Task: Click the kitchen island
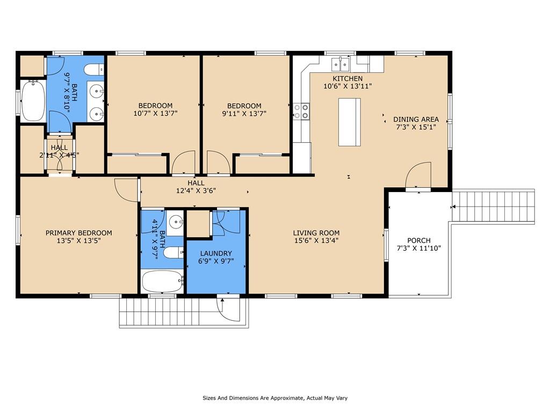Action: [350, 122]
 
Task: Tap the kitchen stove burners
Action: [301, 111]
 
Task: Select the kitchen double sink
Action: [341, 64]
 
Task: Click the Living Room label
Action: [316, 233]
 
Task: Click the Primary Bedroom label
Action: [78, 233]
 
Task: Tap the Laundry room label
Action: [216, 253]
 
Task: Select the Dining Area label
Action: [416, 120]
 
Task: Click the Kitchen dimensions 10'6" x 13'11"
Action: [348, 86]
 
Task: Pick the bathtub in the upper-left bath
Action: [33, 101]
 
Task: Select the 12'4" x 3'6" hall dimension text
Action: [196, 190]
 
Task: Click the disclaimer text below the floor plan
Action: [275, 398]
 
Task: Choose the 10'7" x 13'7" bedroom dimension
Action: [155, 113]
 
